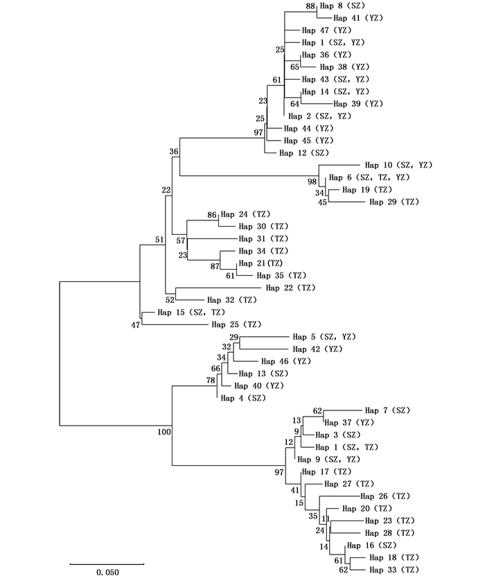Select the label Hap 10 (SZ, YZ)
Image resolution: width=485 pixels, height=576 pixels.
click(x=398, y=165)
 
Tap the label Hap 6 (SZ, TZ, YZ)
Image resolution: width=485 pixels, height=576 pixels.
click(x=369, y=177)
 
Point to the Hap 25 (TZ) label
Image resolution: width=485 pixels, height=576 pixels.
click(x=236, y=324)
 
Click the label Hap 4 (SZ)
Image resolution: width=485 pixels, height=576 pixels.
click(x=242, y=398)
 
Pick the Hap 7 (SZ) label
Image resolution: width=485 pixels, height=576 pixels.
click(x=387, y=410)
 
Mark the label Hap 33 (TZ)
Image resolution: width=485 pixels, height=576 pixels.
click(x=394, y=570)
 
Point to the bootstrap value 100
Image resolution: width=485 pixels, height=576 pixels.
click(x=164, y=433)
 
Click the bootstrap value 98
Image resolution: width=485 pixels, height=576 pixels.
click(x=312, y=182)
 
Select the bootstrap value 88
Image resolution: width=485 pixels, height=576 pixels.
click(x=310, y=6)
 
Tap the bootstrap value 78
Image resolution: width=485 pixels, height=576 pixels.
click(x=211, y=381)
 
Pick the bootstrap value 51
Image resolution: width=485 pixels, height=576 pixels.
click(x=160, y=240)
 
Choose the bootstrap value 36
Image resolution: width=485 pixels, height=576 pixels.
click(x=174, y=151)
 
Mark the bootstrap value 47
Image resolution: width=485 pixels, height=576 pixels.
click(x=136, y=324)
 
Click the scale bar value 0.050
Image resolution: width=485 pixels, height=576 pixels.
click(x=107, y=573)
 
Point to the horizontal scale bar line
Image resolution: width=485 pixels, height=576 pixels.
click(x=107, y=563)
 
